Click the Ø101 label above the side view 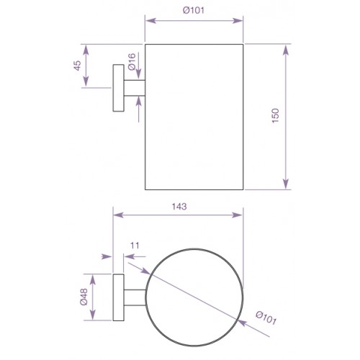(x=194, y=10)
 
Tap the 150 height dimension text (x=276, y=116)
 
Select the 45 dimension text (x=77, y=66)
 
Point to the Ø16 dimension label (x=132, y=62)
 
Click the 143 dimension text (x=179, y=207)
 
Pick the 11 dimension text (x=135, y=246)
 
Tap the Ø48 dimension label (x=84, y=297)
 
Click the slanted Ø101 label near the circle (x=266, y=318)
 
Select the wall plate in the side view (x=118, y=88)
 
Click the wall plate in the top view (x=118, y=297)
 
